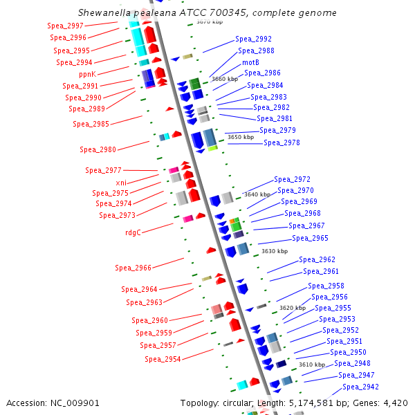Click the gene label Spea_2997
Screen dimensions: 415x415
66,26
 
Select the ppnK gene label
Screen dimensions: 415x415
87,74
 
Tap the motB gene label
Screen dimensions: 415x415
250,62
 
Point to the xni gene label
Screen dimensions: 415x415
121,182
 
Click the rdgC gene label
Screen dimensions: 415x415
133,232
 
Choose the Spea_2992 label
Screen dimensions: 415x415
253,39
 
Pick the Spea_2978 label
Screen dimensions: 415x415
282,142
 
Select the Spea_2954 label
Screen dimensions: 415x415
163,359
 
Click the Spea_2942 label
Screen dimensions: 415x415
360,387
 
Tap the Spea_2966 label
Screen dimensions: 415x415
133,268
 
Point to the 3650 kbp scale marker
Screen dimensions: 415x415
241,137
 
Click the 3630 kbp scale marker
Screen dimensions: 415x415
274,251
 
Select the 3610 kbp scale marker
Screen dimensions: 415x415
311,365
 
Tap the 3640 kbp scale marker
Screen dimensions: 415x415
257,194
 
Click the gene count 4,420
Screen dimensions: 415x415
395,403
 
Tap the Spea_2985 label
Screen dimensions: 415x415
91,124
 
